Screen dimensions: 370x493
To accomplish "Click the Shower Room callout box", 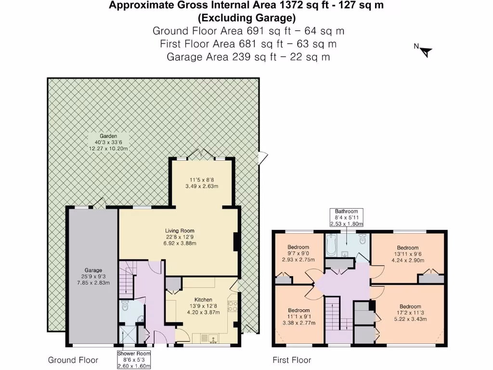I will click(134, 360).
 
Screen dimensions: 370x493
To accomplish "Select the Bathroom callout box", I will click(346, 218).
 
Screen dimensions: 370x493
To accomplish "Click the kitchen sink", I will click(205, 336).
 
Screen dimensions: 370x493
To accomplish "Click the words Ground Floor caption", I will click(73, 360).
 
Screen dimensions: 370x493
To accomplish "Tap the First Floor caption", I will click(292, 360).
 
